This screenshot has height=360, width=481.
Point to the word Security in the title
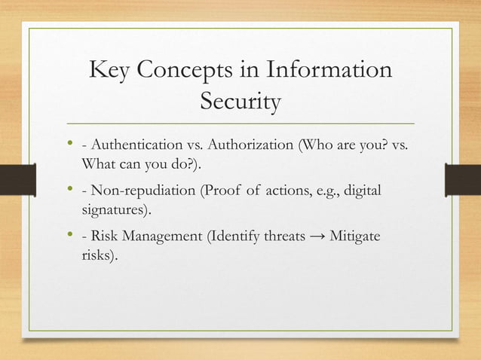240,102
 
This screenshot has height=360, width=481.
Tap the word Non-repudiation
142,191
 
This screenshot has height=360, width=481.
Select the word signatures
116,208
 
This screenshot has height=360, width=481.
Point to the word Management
167,237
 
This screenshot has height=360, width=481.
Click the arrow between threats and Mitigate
317,238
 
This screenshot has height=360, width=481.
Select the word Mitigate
355,237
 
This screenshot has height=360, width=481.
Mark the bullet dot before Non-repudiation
69,189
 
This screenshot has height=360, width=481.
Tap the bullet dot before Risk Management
69,236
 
